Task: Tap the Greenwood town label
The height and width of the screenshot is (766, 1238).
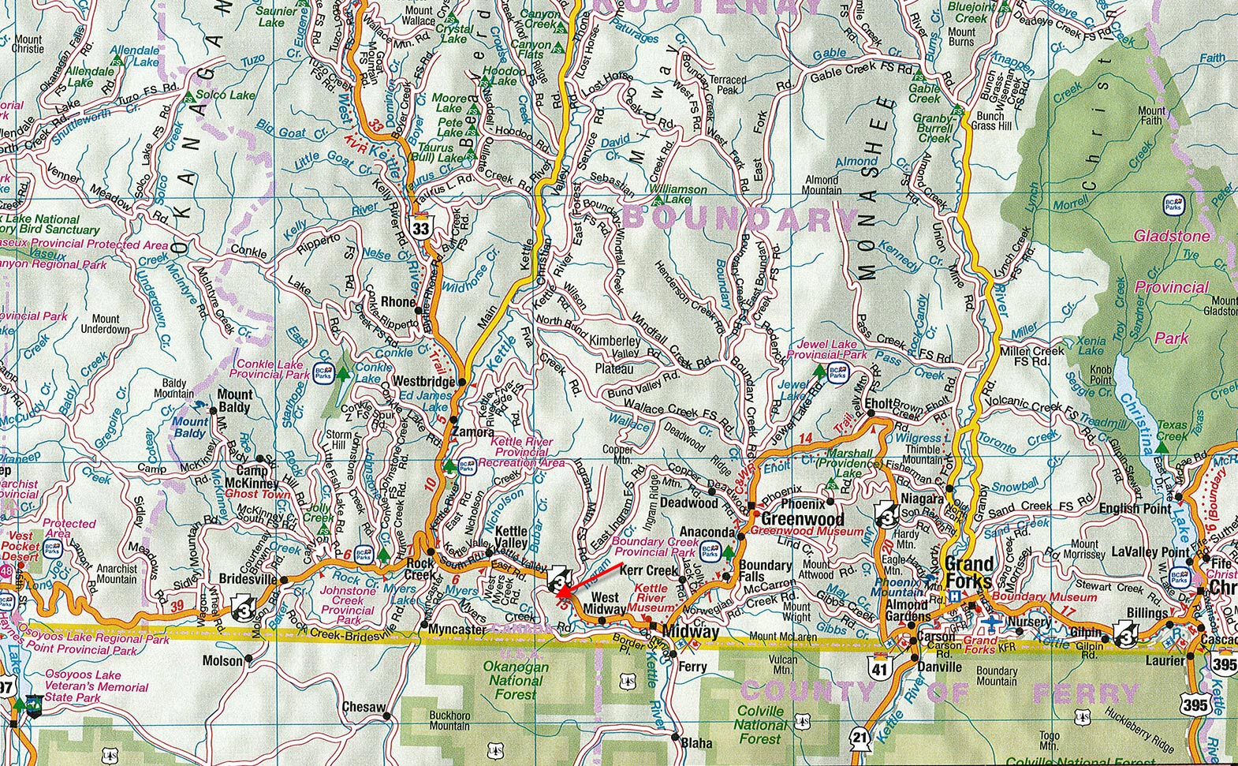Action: pyautogui.click(x=802, y=519)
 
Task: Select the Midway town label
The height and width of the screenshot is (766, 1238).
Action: pyautogui.click(x=691, y=632)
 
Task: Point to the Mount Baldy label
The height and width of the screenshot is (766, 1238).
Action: pyautogui.click(x=234, y=401)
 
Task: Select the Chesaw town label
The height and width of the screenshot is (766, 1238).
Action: pyautogui.click(x=363, y=707)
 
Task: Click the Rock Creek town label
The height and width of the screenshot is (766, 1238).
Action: pyautogui.click(x=420, y=570)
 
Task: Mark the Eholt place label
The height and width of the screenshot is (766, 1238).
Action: pyautogui.click(x=879, y=404)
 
